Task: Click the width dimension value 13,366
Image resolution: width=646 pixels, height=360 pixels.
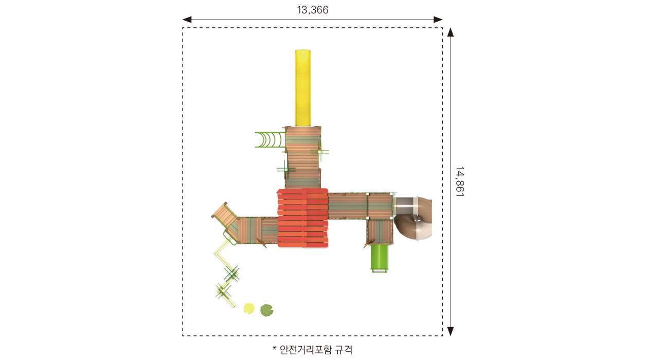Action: (x=313, y=10)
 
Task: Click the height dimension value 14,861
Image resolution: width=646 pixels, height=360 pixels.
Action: (x=459, y=182)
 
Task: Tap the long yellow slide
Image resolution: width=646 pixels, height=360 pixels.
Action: (x=303, y=88)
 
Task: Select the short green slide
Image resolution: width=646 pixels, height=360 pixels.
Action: (x=379, y=258)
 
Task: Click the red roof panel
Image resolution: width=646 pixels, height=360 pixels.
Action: (x=302, y=218)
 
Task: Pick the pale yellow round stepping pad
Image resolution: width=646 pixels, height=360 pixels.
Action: (x=249, y=309)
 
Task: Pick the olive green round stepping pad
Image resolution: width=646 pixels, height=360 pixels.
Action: (x=266, y=310)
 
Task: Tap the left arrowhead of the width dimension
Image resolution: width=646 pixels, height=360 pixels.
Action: (x=187, y=20)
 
